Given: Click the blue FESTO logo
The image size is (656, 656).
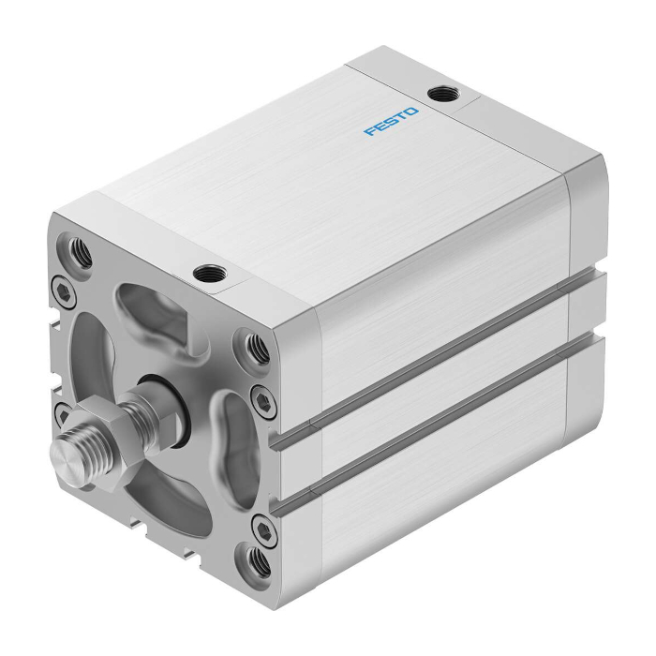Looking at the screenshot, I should coord(392,122).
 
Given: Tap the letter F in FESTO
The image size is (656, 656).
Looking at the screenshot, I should coord(369,132).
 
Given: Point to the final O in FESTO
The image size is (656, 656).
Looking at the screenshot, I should coord(413,112).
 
